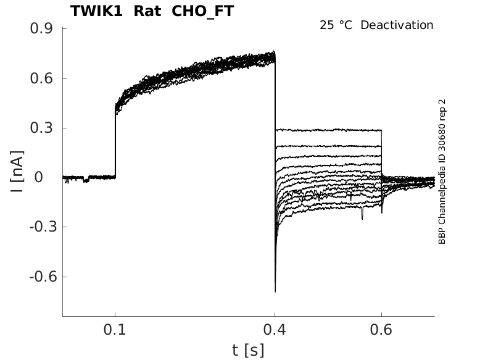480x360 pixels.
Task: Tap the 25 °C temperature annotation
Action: [x=337, y=25]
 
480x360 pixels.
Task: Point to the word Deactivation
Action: [x=397, y=25]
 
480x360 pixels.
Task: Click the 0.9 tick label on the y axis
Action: [x=41, y=29]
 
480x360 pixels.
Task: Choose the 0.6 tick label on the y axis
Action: [x=41, y=78]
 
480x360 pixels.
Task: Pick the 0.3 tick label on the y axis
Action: [x=41, y=128]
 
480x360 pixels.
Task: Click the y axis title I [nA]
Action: [x=19, y=171]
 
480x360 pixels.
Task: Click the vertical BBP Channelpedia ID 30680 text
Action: [x=442, y=171]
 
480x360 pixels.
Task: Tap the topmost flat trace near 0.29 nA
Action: [x=327, y=130]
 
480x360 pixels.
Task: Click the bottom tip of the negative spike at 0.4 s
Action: [x=275, y=290]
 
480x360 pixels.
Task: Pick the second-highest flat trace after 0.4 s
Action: [x=327, y=146]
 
